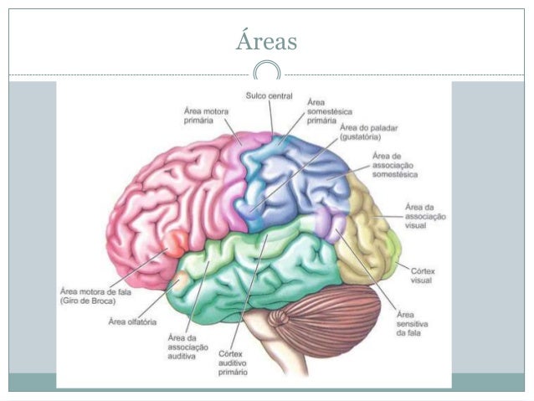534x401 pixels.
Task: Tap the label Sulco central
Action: click(269, 96)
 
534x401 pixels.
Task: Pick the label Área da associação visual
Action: click(424, 215)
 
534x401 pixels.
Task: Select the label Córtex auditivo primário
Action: click(237, 357)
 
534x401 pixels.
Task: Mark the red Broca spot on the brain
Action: click(175, 244)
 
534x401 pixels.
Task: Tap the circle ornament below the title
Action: click(267, 70)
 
